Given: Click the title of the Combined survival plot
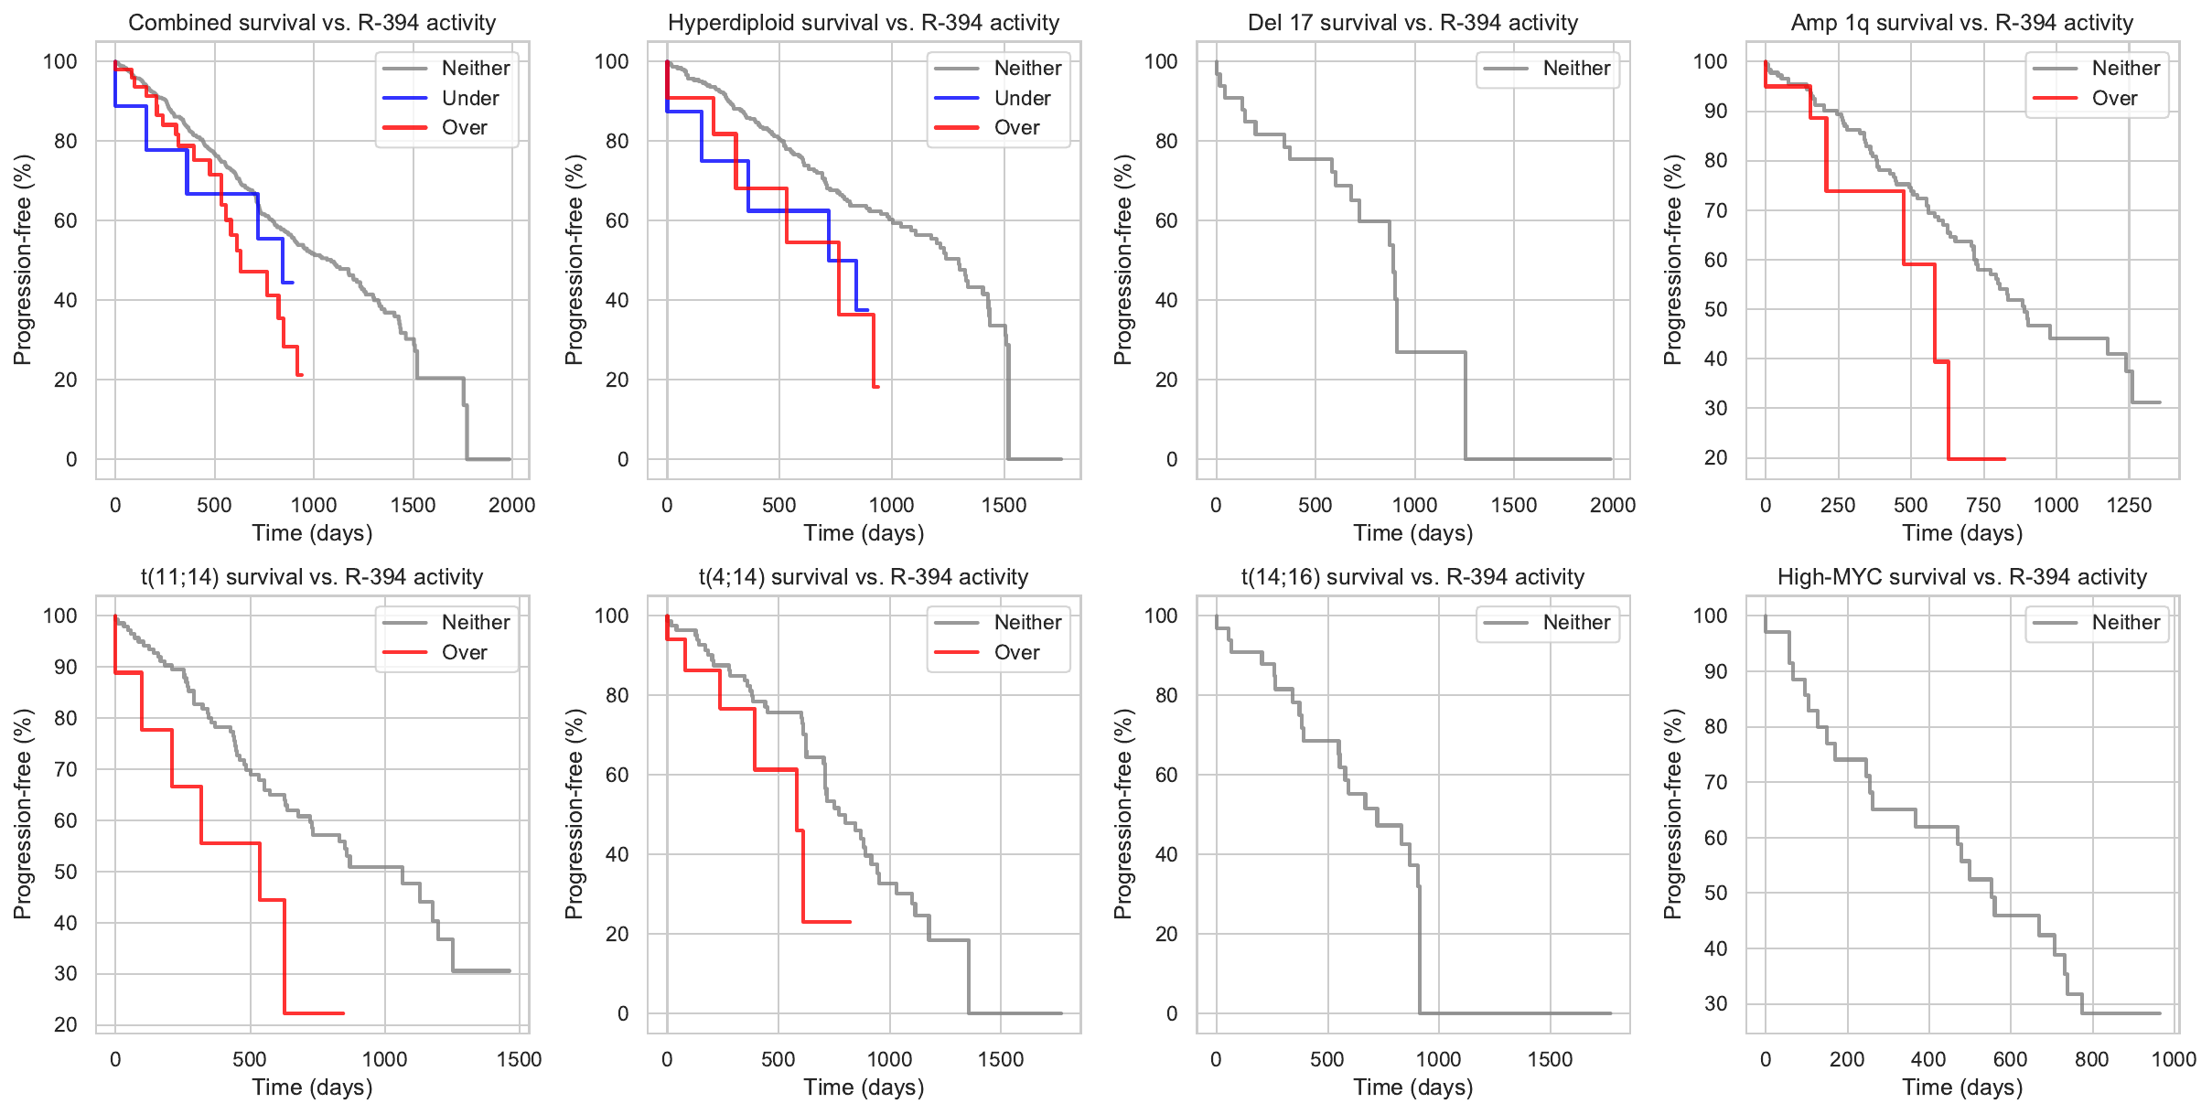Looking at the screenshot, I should click(x=312, y=23).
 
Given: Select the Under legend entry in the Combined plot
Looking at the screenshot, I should click(x=470, y=98).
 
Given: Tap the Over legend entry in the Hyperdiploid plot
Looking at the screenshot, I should click(x=1016, y=127).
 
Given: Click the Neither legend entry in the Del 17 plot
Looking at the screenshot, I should click(x=1576, y=68).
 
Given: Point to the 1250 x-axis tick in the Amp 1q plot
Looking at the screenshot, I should click(x=2129, y=505).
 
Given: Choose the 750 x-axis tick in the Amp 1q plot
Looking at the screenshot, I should click(x=1983, y=505).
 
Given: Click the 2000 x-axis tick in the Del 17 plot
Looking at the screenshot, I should click(x=1613, y=505).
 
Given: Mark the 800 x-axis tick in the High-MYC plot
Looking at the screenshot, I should click(x=2091, y=1059).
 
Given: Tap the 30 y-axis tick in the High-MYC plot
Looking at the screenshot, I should click(x=1716, y=1003).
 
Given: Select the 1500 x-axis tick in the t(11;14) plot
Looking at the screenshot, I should click(x=520, y=1059).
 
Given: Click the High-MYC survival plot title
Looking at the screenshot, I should click(x=1961, y=577).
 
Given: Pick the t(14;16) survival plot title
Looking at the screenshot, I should click(x=1412, y=577).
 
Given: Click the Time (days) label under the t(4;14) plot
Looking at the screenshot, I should click(x=864, y=1087).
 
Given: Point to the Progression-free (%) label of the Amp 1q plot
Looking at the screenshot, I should click(x=1673, y=260).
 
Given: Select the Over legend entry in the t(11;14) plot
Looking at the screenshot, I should click(x=464, y=652).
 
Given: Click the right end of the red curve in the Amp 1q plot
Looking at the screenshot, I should click(x=2004, y=458).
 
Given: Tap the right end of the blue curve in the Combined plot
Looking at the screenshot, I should click(x=292, y=283).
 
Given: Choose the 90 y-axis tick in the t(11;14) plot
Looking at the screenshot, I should click(x=66, y=667).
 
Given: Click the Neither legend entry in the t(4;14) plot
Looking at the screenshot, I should click(x=1027, y=622).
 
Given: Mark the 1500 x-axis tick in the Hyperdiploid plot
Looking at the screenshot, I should click(x=1004, y=505).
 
